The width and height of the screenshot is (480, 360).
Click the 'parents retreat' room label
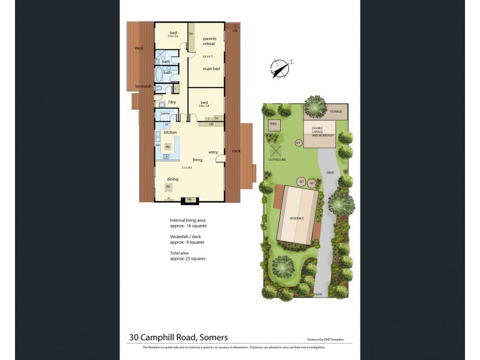209,41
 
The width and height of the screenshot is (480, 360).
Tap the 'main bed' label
211,69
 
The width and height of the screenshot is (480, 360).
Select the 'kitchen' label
170,132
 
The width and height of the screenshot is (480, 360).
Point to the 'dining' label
172,179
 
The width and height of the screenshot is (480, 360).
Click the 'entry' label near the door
213,152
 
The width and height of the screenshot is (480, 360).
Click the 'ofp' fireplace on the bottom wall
189,199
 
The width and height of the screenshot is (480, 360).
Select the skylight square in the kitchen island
168,146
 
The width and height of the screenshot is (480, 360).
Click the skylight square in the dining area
168,187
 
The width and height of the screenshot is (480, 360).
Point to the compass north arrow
280,68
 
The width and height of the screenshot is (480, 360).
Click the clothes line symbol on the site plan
277,151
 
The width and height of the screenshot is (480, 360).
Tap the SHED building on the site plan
274,125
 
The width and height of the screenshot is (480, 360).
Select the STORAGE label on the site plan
336,112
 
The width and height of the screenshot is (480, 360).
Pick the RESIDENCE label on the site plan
297,218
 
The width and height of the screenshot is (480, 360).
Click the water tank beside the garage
298,143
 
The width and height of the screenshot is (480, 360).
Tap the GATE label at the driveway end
319,295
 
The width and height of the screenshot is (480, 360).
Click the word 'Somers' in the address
214,337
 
